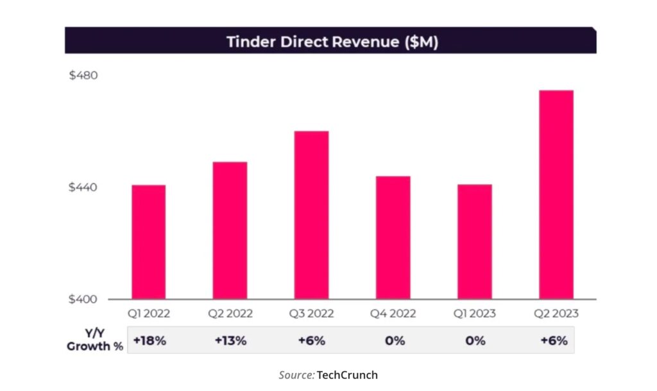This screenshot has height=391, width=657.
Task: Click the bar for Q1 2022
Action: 149,242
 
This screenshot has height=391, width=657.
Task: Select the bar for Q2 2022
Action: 230,230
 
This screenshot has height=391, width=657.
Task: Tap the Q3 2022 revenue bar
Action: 312,215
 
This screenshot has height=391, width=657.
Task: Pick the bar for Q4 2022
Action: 393,238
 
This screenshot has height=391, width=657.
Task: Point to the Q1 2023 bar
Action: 475,241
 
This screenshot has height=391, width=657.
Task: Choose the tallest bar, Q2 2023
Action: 556,195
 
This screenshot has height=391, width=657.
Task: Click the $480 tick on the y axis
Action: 83,75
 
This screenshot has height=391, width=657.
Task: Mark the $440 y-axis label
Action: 83,188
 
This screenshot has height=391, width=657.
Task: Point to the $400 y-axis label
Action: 83,300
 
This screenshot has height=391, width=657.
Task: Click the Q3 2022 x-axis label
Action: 312,314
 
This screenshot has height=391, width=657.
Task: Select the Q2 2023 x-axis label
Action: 556,314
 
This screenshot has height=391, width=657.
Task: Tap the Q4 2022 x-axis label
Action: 393,314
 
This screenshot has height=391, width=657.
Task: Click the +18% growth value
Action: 149,341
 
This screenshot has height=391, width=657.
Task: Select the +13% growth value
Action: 230,341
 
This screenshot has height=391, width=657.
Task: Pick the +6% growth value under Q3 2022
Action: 312,341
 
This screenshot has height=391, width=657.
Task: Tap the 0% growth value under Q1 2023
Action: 475,341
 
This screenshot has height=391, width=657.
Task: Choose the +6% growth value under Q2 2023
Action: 556,341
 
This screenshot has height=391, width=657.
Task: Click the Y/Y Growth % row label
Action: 95,341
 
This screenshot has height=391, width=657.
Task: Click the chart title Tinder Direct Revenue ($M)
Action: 332,42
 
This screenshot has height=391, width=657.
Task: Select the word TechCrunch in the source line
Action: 347,375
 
